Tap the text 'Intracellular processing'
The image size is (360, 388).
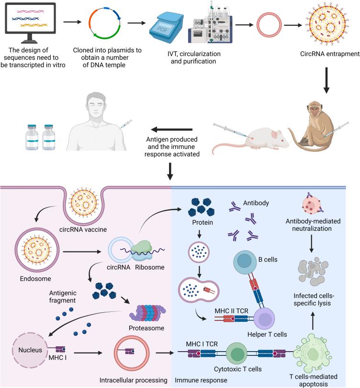point(134,381)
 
